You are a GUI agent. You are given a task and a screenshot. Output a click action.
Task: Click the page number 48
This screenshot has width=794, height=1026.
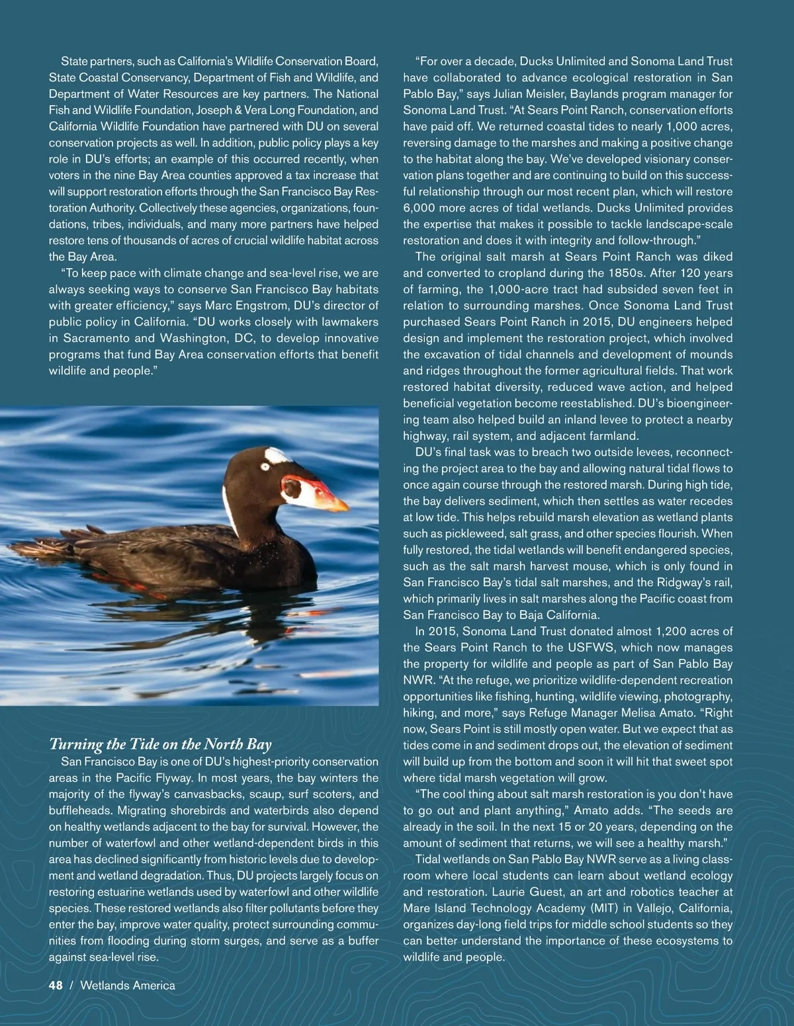[x=56, y=986]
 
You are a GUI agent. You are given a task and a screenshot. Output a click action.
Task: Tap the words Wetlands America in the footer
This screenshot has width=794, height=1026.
[x=128, y=986]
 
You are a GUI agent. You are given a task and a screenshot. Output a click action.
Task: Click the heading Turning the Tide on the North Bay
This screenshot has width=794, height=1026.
[x=161, y=744]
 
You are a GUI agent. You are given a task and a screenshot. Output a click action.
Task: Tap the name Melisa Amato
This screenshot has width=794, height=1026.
[x=669, y=712]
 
